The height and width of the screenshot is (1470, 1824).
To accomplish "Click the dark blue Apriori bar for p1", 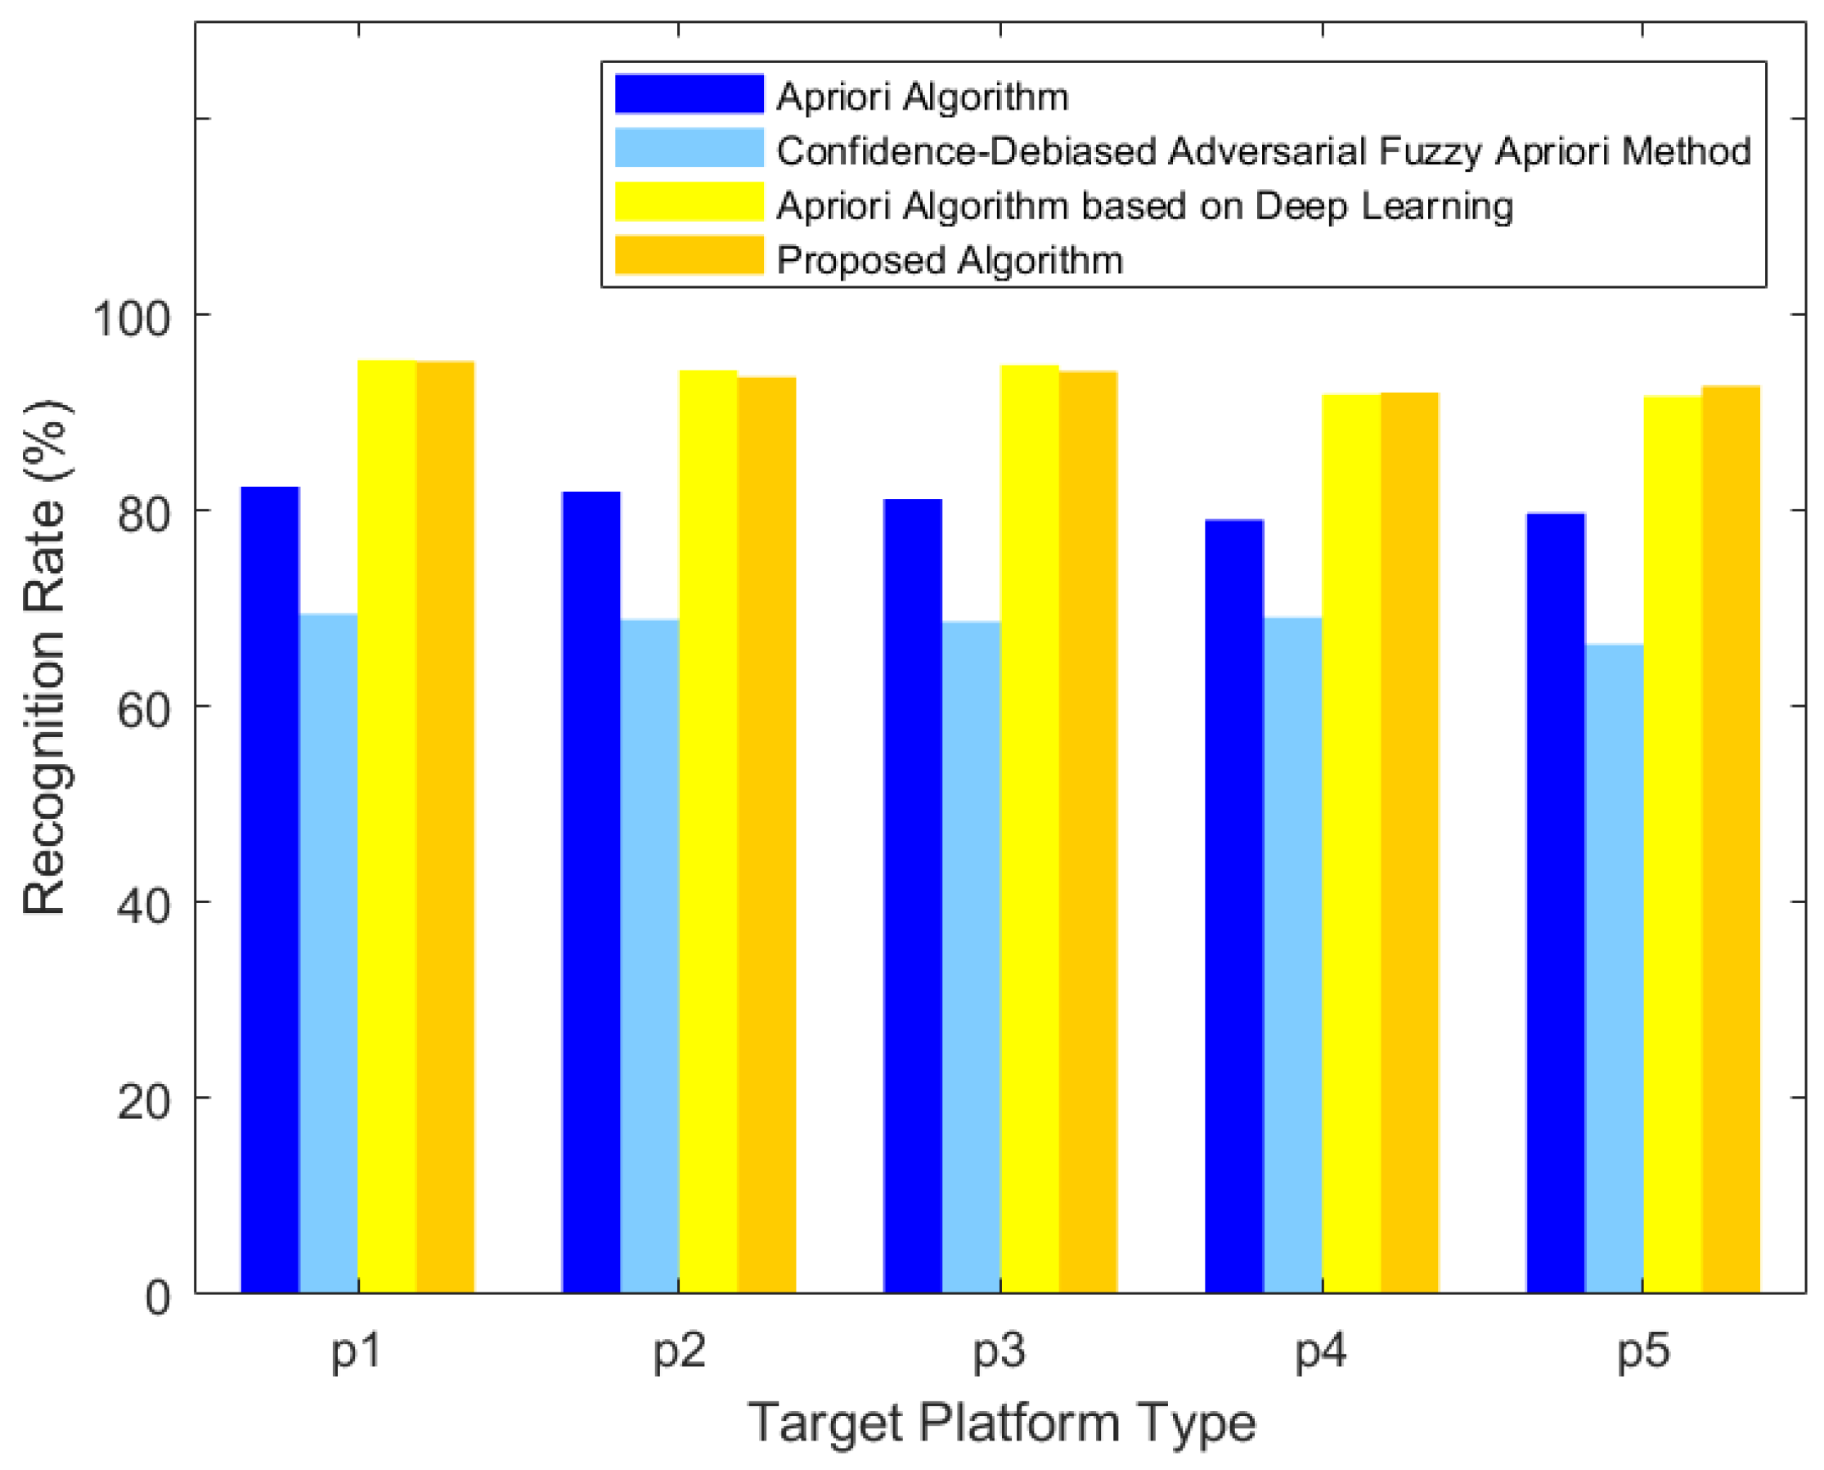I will [x=270, y=889].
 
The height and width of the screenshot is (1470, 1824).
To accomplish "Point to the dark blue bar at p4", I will [x=1233, y=906].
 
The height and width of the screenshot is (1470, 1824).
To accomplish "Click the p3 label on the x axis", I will [x=1000, y=1350].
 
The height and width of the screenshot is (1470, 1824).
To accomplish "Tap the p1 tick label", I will [x=357, y=1350].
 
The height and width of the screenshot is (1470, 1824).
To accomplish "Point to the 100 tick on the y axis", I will [x=131, y=320].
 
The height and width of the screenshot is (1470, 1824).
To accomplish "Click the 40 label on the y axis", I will [x=143, y=907].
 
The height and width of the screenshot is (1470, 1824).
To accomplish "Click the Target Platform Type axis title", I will [x=1001, y=1423].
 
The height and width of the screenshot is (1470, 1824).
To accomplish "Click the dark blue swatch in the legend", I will [x=689, y=94].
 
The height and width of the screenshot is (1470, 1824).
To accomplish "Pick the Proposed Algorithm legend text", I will [x=950, y=260].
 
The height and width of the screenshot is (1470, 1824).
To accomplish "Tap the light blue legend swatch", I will [x=689, y=148].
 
